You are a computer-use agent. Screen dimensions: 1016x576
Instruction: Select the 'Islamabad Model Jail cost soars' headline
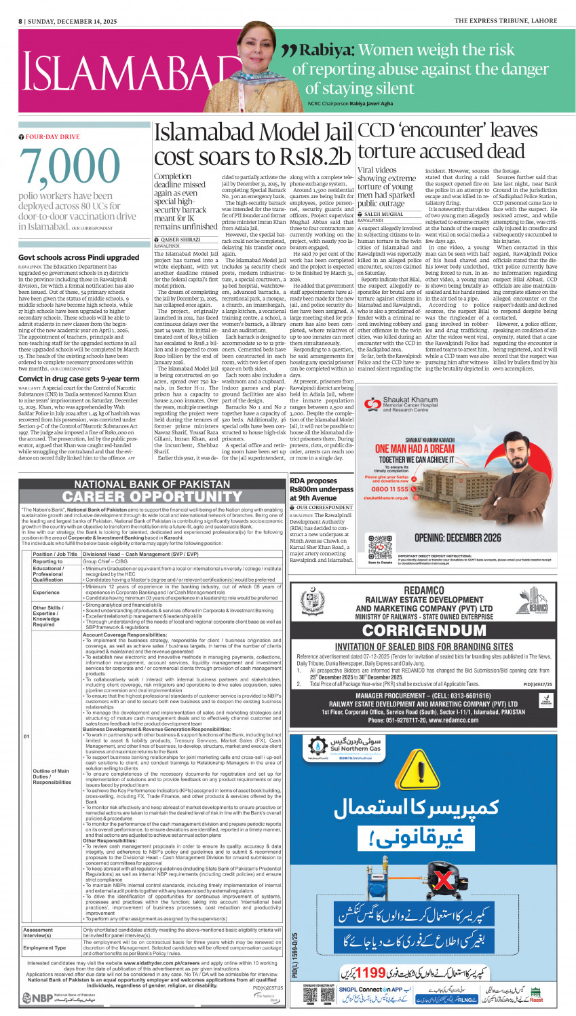[x=253, y=144]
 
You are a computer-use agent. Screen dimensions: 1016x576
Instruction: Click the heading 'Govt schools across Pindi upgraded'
[x=79, y=258]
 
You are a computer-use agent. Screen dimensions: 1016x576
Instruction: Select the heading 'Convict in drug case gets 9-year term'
[x=79, y=379]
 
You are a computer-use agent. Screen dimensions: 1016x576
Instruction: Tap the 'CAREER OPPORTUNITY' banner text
[x=151, y=497]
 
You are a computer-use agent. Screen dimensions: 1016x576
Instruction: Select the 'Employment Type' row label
[x=45, y=947]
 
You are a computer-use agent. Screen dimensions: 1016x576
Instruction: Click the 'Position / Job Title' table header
[x=55, y=554]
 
